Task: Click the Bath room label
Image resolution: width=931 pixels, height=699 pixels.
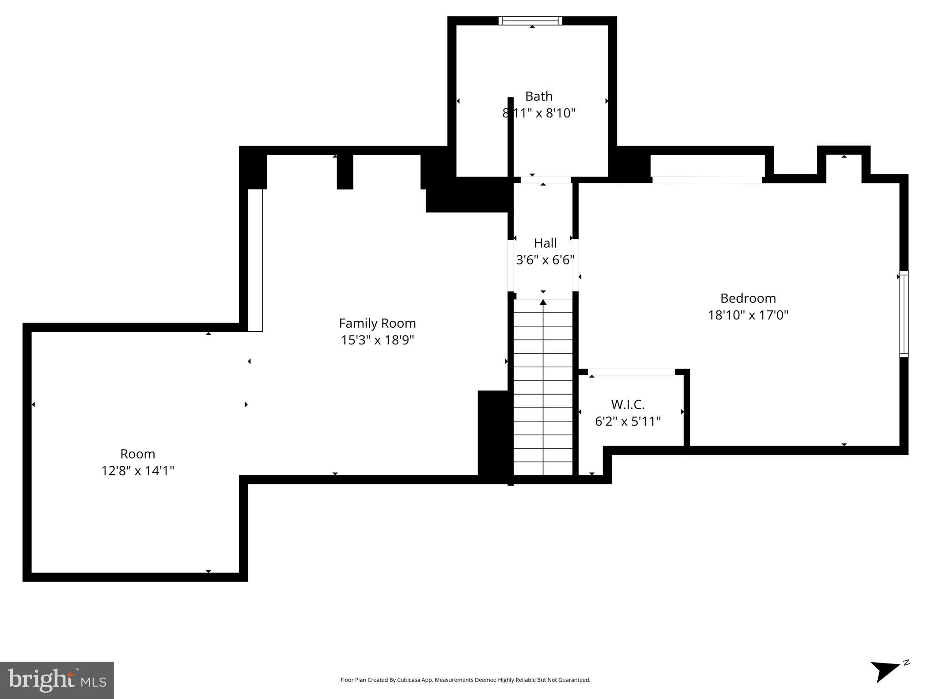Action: click(538, 96)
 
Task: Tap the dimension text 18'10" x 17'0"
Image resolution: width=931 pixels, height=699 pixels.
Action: click(748, 315)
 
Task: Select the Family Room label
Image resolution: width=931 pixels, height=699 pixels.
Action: click(377, 323)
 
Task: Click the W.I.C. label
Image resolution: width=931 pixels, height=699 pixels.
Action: click(628, 404)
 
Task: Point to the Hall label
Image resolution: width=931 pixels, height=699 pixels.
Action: click(545, 243)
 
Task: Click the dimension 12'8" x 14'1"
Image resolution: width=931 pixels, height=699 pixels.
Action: click(137, 471)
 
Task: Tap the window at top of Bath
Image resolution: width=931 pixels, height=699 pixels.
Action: click(530, 20)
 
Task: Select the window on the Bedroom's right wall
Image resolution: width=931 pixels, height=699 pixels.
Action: click(904, 314)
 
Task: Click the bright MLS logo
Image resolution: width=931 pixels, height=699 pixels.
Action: click(57, 680)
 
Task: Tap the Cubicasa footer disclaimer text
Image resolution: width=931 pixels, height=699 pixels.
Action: click(465, 680)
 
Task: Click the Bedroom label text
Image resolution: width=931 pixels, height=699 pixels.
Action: click(748, 299)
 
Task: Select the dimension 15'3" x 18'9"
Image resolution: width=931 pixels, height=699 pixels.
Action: click(377, 340)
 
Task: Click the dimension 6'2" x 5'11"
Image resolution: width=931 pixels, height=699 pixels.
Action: click(628, 421)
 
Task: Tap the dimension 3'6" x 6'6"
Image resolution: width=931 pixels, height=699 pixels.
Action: click(545, 260)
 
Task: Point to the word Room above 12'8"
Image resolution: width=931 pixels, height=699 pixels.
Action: click(137, 454)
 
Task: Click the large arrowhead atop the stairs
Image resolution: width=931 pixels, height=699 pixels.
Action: click(543, 302)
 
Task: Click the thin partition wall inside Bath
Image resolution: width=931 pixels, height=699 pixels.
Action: click(510, 137)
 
